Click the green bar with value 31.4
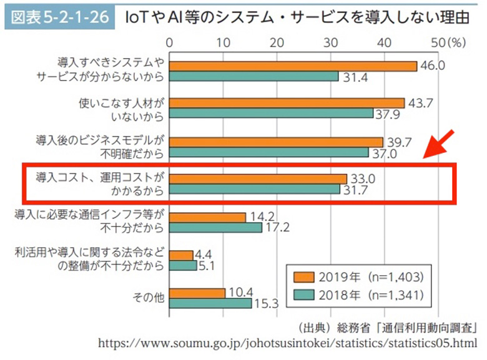[x=253, y=76]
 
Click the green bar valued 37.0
[x=268, y=152]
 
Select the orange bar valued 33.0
[x=258, y=178]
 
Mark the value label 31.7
[x=358, y=189]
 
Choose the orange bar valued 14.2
[x=207, y=217]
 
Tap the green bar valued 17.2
[x=215, y=228]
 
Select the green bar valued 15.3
[x=210, y=303]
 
